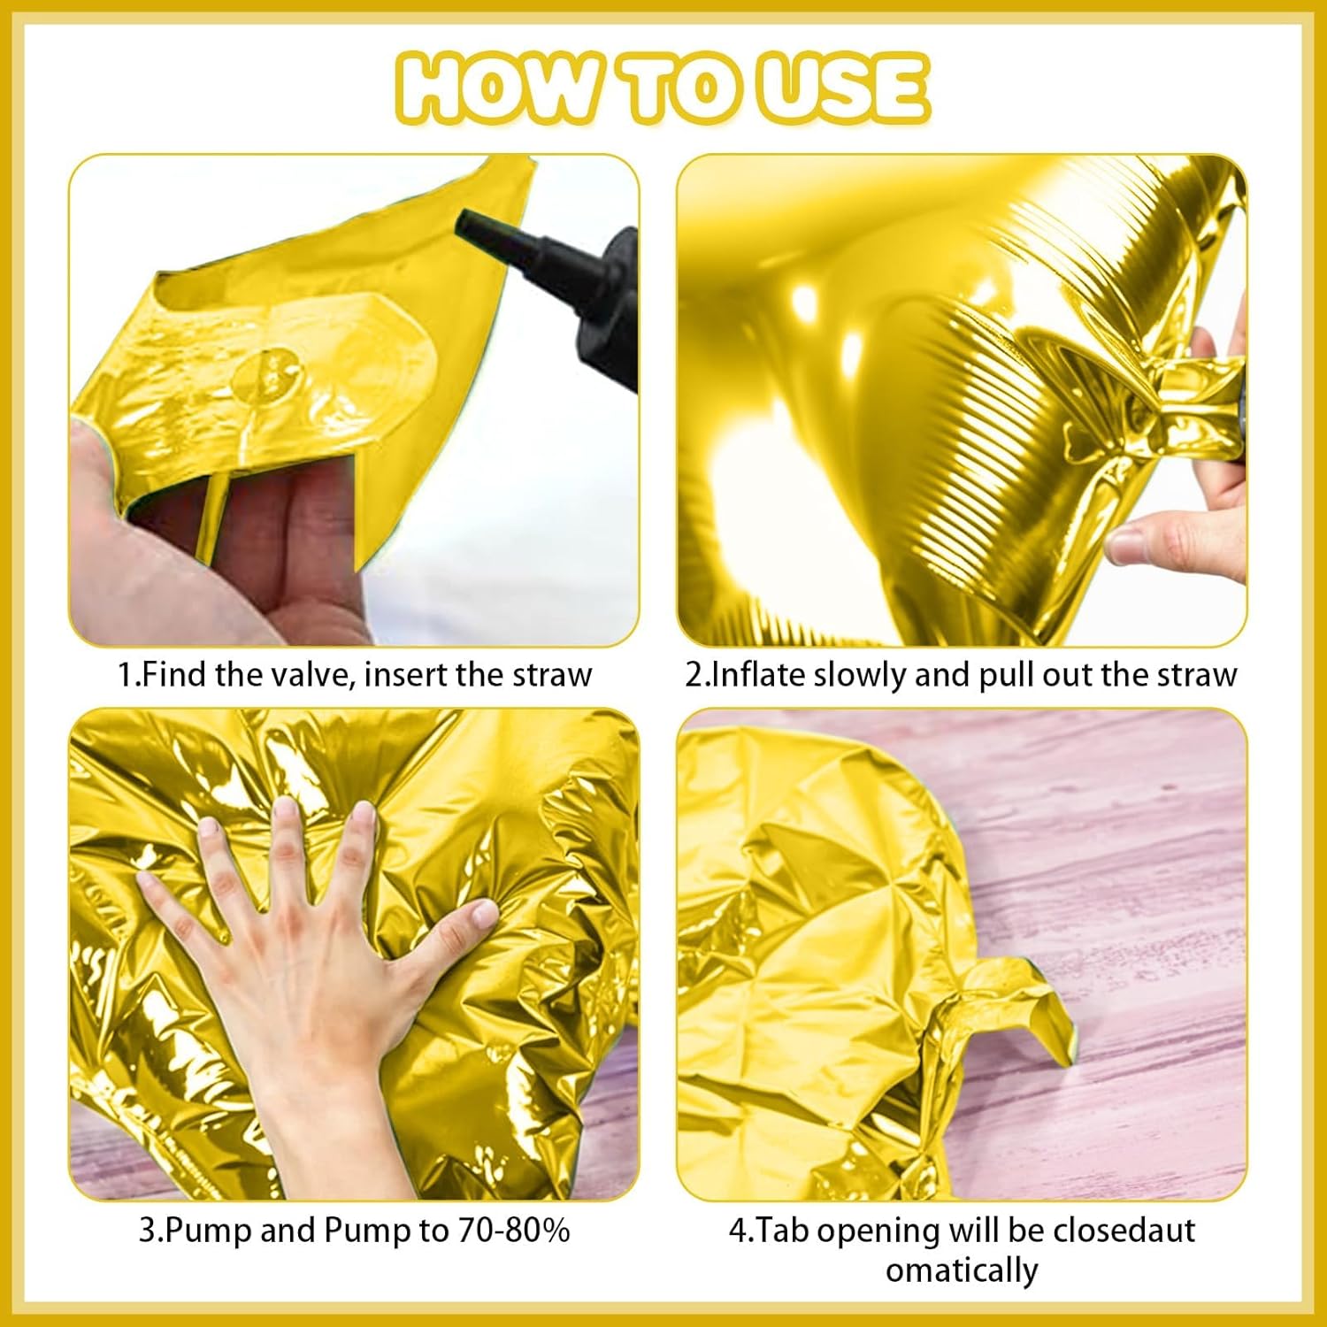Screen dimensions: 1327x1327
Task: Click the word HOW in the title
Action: point(495,88)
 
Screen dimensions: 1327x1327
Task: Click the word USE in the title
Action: point(845,88)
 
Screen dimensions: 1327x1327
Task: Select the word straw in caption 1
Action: point(549,675)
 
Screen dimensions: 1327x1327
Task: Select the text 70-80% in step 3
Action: point(513,1231)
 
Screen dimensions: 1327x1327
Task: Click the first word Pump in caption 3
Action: point(211,1231)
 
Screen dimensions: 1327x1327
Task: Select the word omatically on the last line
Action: point(962,1270)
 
